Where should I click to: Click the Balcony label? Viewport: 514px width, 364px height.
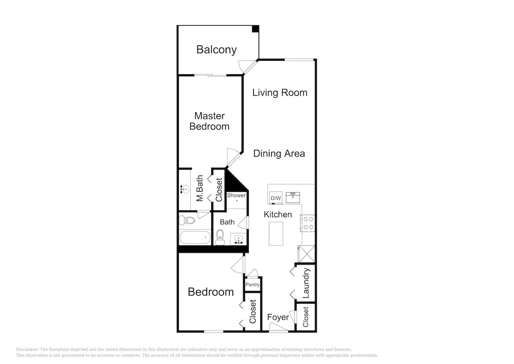tap(216, 49)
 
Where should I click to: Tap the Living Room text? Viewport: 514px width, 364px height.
tap(280, 93)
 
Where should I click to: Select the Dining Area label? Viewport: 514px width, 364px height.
tap(279, 153)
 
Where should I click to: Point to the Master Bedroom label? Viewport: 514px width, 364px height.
tap(210, 121)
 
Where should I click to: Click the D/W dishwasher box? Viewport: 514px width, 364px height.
tap(276, 198)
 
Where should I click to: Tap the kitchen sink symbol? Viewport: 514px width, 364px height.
tap(293, 198)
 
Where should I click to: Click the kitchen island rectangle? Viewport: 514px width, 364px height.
tap(276, 233)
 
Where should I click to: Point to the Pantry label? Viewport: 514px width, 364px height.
tap(252, 285)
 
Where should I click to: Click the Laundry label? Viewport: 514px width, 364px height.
tap(306, 283)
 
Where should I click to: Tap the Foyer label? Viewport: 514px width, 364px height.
tap(278, 317)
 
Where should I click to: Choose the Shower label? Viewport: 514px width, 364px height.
tap(236, 195)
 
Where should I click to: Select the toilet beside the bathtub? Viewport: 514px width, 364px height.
tap(187, 220)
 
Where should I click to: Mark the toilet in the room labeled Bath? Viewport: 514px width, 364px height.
tap(220, 237)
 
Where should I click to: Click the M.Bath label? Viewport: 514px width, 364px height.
tap(200, 188)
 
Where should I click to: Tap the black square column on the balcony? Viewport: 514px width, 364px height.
tap(255, 29)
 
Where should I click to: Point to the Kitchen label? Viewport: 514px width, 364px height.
tap(278, 214)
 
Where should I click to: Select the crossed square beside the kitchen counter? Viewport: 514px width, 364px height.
tap(307, 254)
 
